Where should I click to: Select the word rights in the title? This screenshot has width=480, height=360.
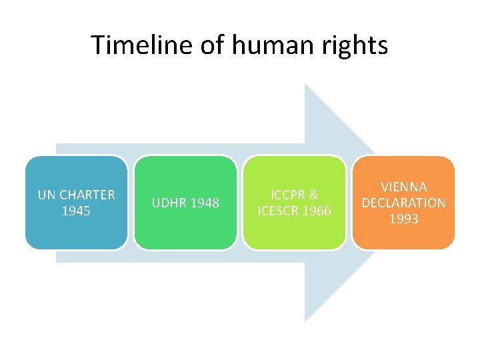pyautogui.click(x=355, y=45)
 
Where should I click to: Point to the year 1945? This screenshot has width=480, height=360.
pyautogui.click(x=76, y=211)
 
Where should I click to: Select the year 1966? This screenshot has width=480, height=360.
pyautogui.click(x=317, y=211)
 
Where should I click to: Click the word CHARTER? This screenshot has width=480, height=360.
pyautogui.click(x=87, y=195)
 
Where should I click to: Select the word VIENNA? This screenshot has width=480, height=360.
pyautogui.click(x=403, y=187)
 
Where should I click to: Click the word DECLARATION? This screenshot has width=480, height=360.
pyautogui.click(x=403, y=203)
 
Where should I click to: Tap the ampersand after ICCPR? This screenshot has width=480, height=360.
pyautogui.click(x=313, y=195)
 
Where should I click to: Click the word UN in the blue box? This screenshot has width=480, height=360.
pyautogui.click(x=47, y=195)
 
